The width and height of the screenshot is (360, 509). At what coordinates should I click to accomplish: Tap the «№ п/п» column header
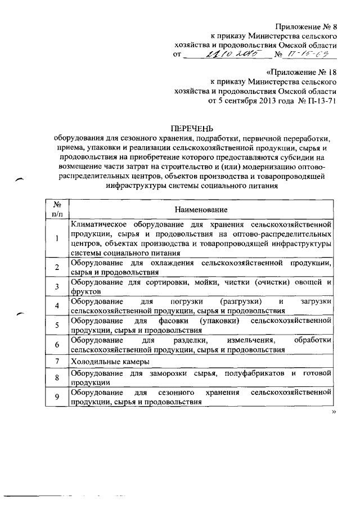click(x=57, y=209)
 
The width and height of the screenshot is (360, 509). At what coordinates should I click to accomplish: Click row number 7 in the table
click(x=57, y=361)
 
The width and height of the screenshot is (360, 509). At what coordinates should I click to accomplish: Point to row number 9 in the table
click(x=57, y=397)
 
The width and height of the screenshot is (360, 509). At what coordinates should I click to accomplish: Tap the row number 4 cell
click(x=57, y=306)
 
